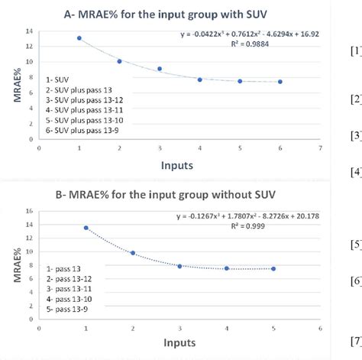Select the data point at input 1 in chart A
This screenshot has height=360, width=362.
click(79, 37)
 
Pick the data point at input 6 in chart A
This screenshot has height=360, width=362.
click(280, 82)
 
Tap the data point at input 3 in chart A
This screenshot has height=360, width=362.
click(160, 69)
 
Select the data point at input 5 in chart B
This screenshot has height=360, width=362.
click(273, 268)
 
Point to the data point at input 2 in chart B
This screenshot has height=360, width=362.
click(132, 253)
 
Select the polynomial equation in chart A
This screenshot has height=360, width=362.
click(249, 34)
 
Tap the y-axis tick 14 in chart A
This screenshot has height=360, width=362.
click(30, 31)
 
